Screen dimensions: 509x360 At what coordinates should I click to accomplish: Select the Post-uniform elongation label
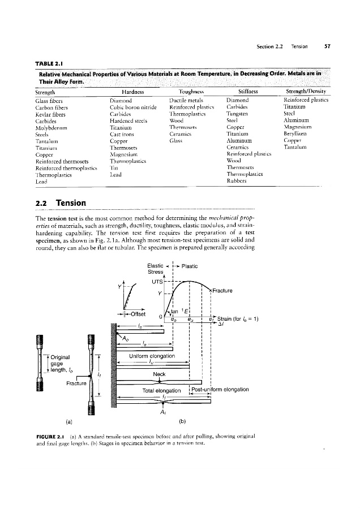(219, 389)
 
